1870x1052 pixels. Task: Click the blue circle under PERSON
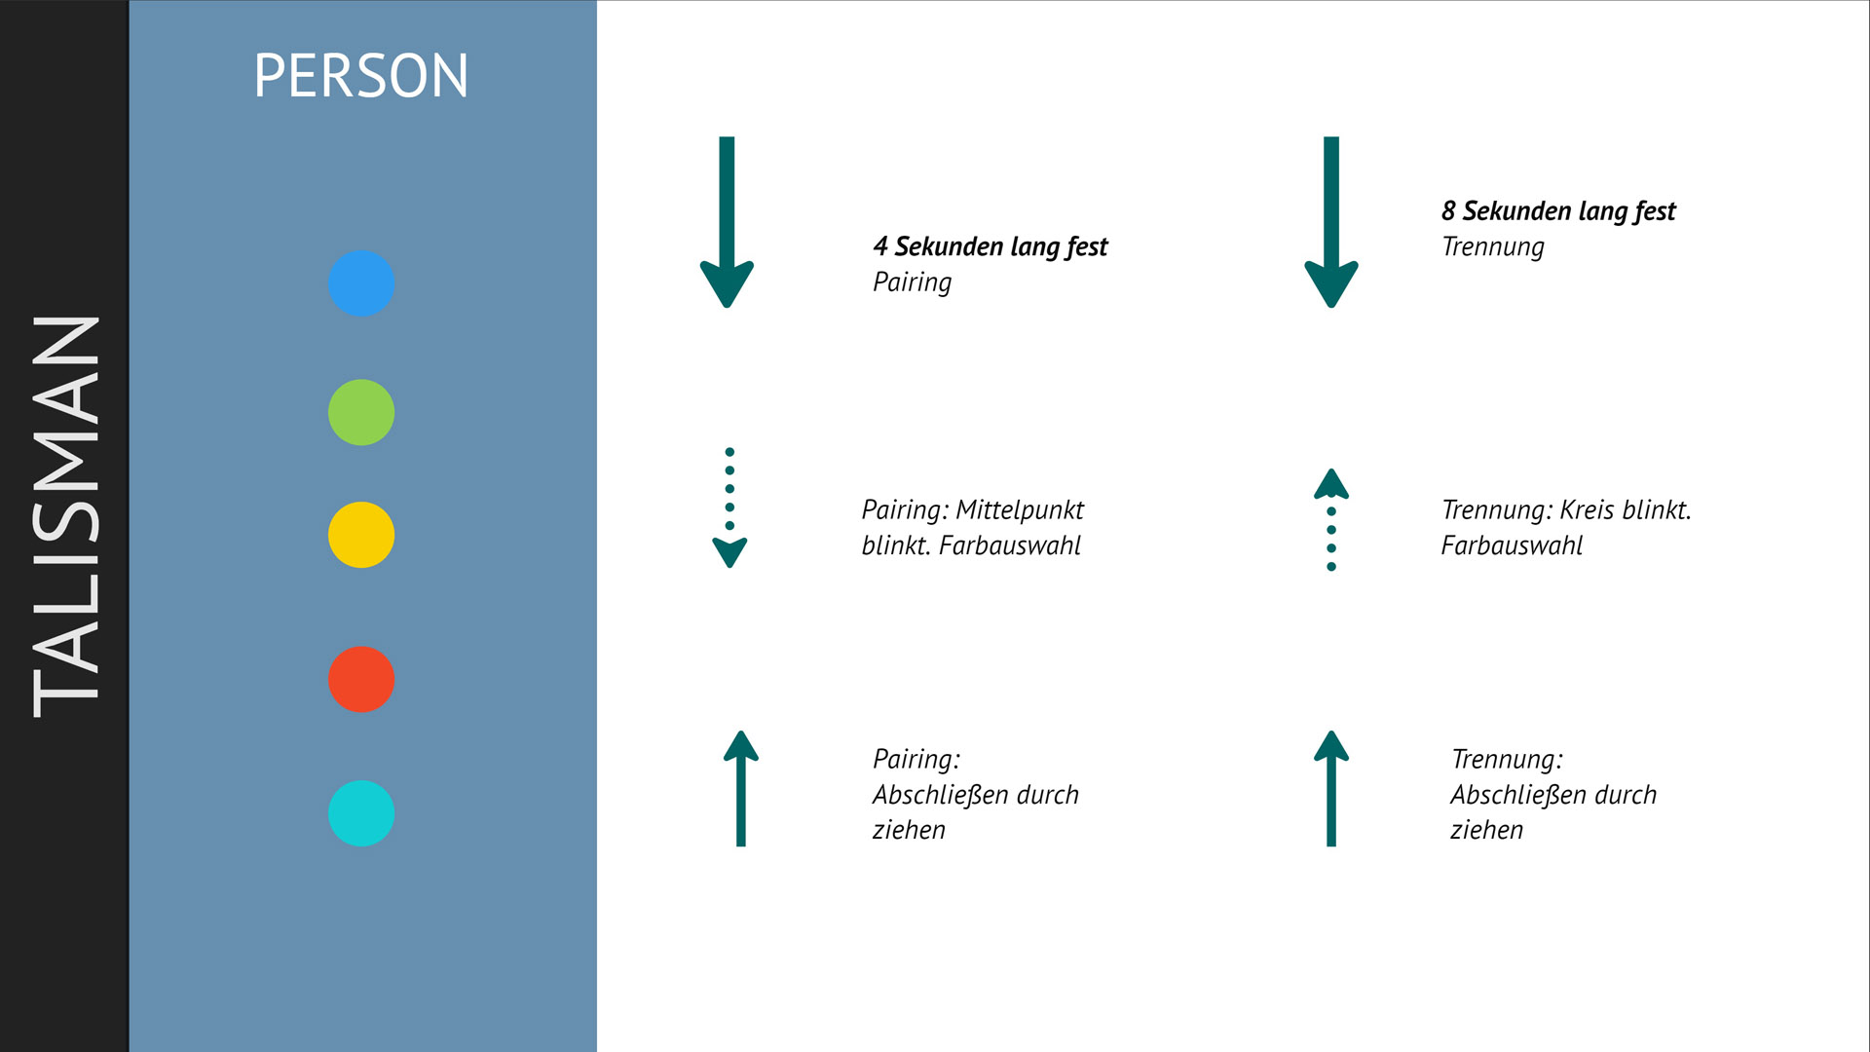click(x=361, y=283)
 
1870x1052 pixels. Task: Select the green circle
click(x=361, y=412)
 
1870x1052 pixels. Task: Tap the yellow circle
click(x=361, y=535)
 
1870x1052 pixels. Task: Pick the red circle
click(x=361, y=679)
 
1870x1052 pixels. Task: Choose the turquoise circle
click(x=361, y=813)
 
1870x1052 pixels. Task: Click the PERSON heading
click(x=361, y=76)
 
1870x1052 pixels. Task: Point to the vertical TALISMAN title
click(x=66, y=516)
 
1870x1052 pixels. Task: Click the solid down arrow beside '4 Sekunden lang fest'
click(x=727, y=222)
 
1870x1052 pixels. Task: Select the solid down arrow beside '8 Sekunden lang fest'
click(x=1331, y=222)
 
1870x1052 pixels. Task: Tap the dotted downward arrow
click(x=729, y=507)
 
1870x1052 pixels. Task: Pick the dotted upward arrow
click(x=1331, y=519)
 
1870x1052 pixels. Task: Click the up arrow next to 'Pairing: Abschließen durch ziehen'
click(x=741, y=788)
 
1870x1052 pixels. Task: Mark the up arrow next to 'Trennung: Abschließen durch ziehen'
click(x=1331, y=788)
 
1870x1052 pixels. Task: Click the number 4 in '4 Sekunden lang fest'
click(x=880, y=246)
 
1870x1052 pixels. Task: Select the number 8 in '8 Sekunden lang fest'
click(x=1449, y=210)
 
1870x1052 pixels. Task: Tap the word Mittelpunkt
click(x=1020, y=509)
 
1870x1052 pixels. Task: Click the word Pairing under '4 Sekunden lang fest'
click(x=912, y=282)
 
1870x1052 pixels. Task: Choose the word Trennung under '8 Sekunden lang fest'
click(x=1493, y=247)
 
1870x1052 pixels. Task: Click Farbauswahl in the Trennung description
click(x=1512, y=545)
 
